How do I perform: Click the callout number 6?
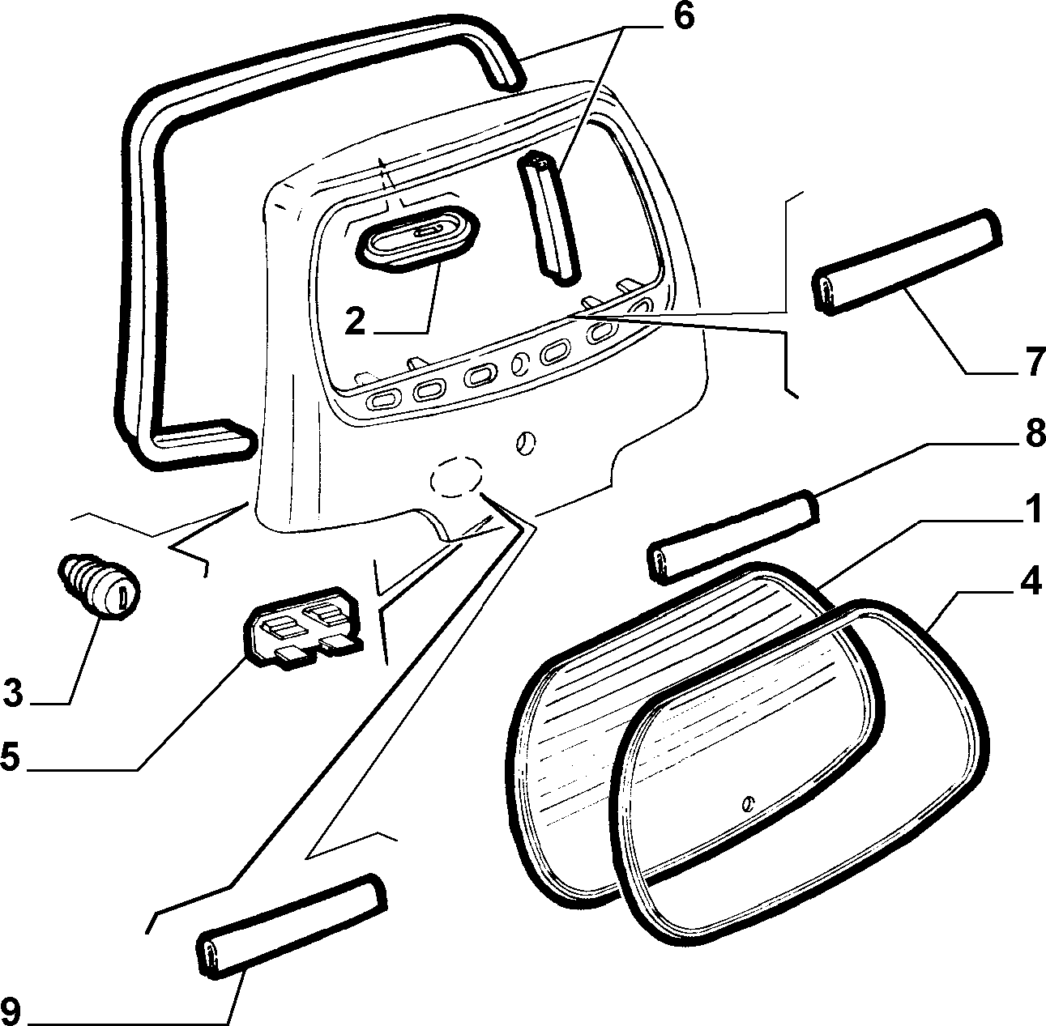[683, 17]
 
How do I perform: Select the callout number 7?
[1034, 362]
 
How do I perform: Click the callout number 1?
[1035, 509]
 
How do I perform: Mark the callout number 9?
[11, 1011]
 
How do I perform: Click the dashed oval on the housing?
[456, 476]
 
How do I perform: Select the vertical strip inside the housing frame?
[549, 218]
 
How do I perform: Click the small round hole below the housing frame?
[527, 444]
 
